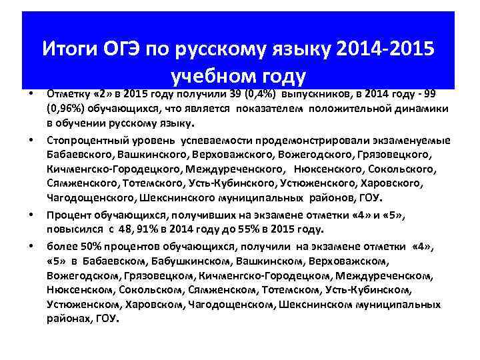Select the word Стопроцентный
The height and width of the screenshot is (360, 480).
click(x=87, y=139)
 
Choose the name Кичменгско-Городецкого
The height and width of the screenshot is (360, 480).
click(x=114, y=169)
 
